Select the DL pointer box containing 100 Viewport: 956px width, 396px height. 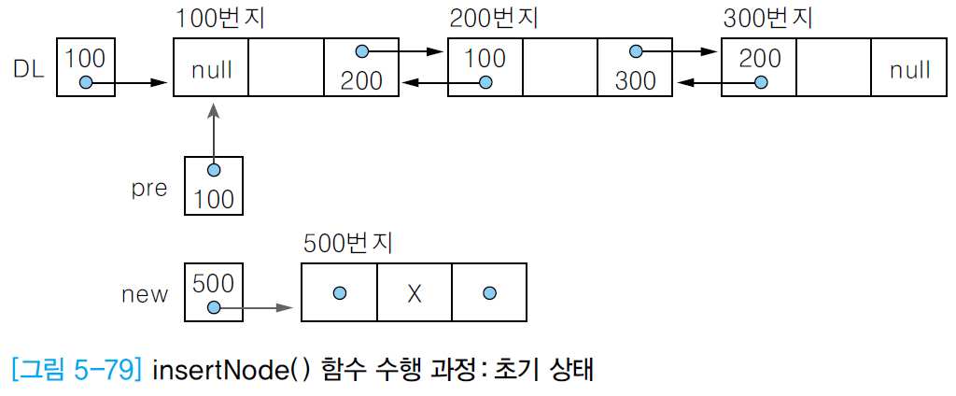86,67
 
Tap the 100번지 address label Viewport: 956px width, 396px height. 218,19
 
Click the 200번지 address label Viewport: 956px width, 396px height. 493,19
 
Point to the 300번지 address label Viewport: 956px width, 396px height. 767,19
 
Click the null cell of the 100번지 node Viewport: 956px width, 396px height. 211,67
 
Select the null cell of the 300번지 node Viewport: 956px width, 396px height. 908,67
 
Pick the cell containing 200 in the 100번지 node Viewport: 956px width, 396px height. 360,67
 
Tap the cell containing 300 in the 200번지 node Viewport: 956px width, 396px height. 635,67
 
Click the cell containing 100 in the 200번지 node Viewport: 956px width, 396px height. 485,67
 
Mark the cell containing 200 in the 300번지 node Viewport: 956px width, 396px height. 759,67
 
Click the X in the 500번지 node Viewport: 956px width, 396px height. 415,293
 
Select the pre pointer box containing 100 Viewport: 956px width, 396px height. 214,185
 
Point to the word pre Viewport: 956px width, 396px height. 149,188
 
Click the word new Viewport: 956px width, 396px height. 145,294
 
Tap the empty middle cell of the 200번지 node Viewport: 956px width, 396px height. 560,67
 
